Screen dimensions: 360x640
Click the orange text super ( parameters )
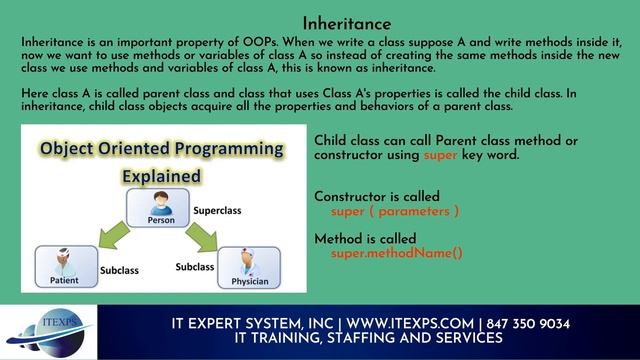tap(396, 212)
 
